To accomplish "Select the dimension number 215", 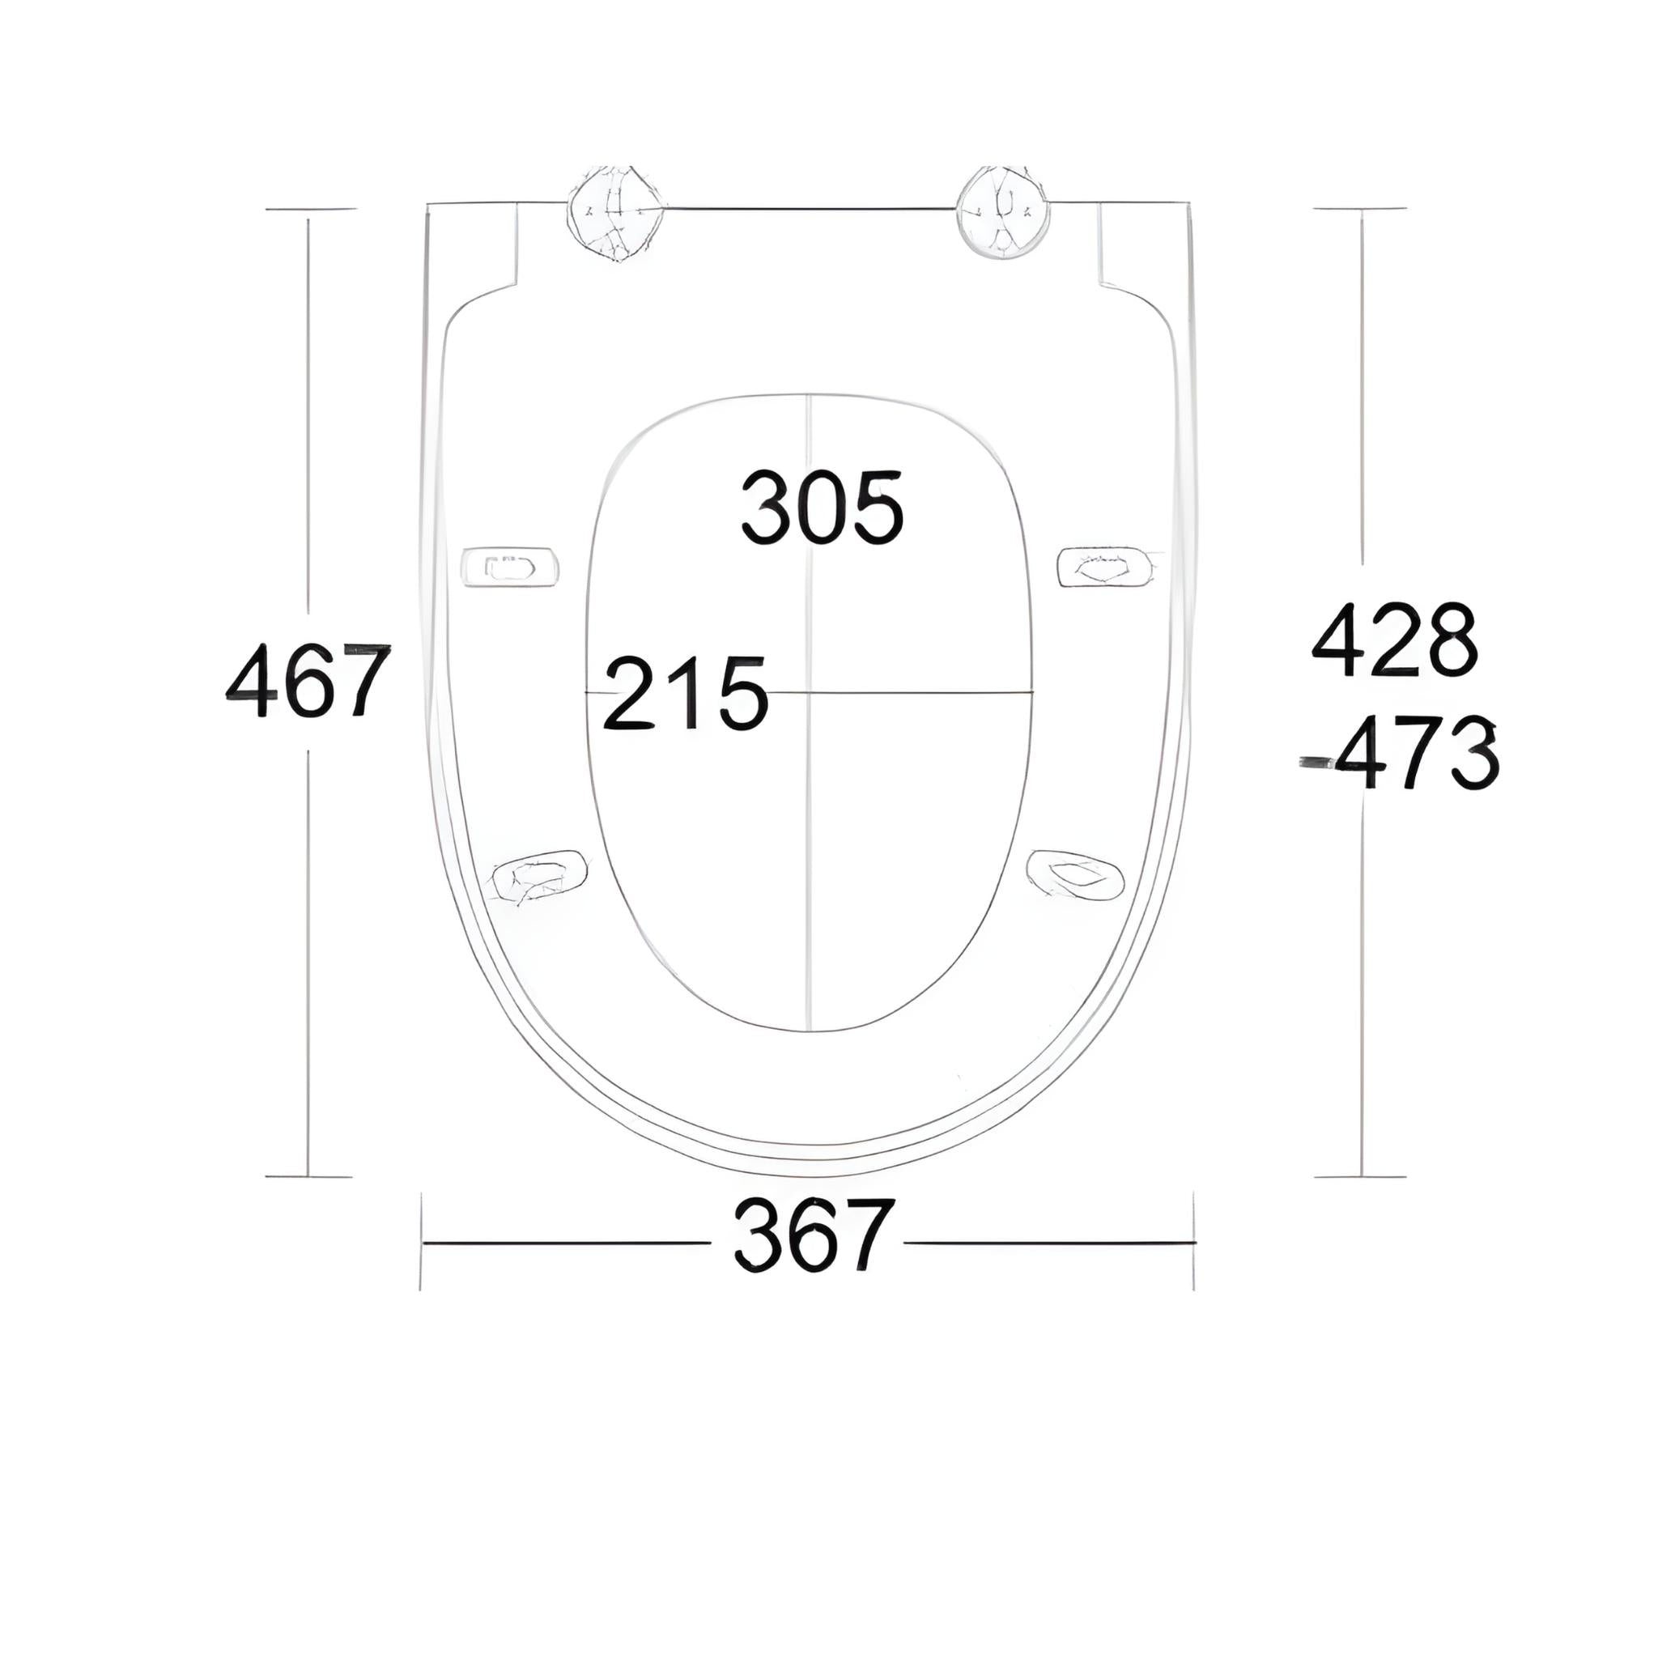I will [685, 694].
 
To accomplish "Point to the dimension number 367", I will [814, 1235].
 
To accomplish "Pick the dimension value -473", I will [1401, 753].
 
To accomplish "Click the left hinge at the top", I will [616, 212].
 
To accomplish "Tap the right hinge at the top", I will [1003, 210].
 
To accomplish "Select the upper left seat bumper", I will [510, 568].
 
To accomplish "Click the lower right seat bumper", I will [1075, 875].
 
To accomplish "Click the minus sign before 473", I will [1316, 761].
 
